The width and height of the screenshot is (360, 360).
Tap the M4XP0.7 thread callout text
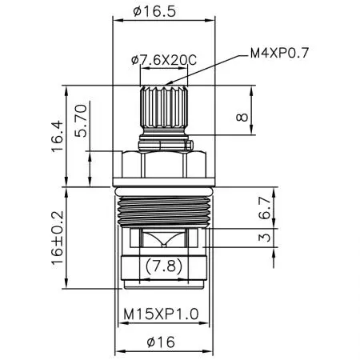point(280,53)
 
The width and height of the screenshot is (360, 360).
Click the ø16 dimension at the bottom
point(163,342)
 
